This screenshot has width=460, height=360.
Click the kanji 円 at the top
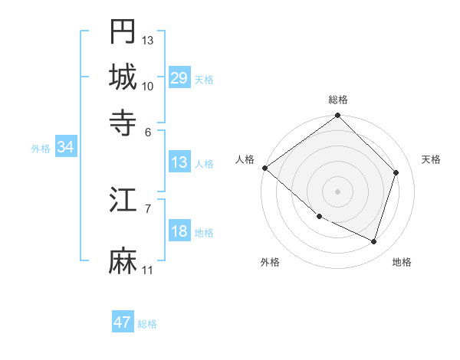pos(123,32)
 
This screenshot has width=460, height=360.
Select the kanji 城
pos(123,77)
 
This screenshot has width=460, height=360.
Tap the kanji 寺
pos(123,122)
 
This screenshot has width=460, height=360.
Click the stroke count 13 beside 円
pos(148,40)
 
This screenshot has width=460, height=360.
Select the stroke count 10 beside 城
pos(148,86)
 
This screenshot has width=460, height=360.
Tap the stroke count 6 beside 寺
pos(148,131)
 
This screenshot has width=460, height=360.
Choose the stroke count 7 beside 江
pos(148,208)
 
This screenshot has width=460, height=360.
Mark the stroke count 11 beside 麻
pos(148,270)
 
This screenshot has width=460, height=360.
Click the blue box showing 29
pos(179,78)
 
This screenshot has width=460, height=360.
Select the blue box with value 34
pos(65,148)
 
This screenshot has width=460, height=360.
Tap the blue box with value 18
pos(179,232)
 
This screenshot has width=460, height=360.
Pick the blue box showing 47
pos(123,322)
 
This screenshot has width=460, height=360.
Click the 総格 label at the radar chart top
pos(338,100)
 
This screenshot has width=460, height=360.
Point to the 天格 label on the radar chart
pos(431,159)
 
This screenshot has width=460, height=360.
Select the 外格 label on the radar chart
pos(270,263)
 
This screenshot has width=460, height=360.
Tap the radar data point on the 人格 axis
pos(265,168)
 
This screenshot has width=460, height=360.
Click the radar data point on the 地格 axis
pos(374,241)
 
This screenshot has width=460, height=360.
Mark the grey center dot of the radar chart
pos(338,191)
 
